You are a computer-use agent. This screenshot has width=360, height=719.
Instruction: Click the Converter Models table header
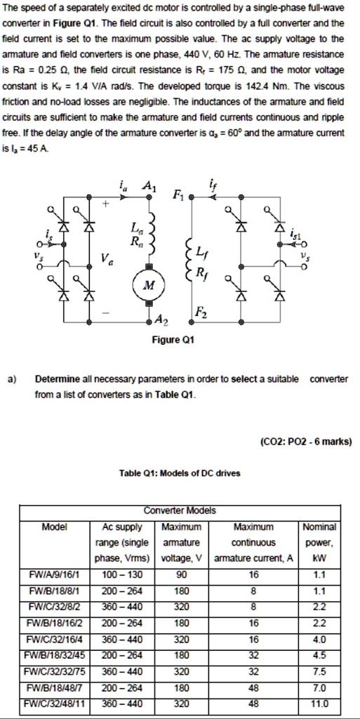[180, 510]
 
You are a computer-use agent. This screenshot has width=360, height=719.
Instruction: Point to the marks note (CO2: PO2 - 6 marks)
[305, 442]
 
